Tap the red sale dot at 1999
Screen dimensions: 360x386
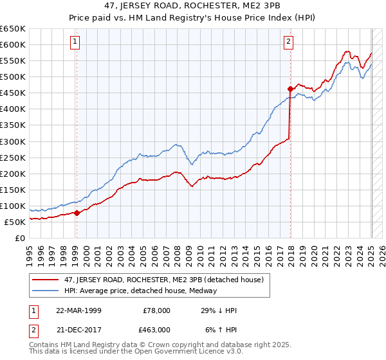[x=77, y=213]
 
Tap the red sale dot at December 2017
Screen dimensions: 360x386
[x=290, y=89]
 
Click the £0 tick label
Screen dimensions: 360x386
[x=19, y=238]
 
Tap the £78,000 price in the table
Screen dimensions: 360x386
[x=157, y=310]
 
